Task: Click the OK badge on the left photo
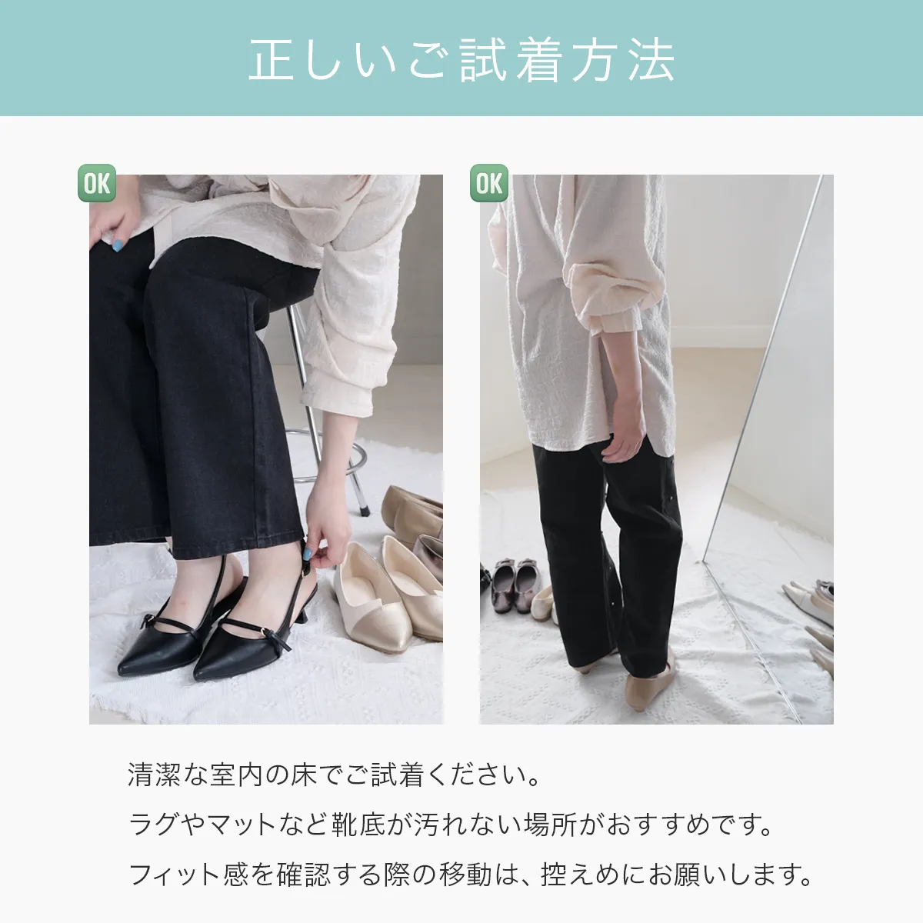point(97,183)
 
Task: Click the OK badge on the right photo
point(489,183)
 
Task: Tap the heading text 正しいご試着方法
point(461,60)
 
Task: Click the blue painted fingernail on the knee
point(118,245)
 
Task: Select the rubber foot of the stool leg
point(363,507)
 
